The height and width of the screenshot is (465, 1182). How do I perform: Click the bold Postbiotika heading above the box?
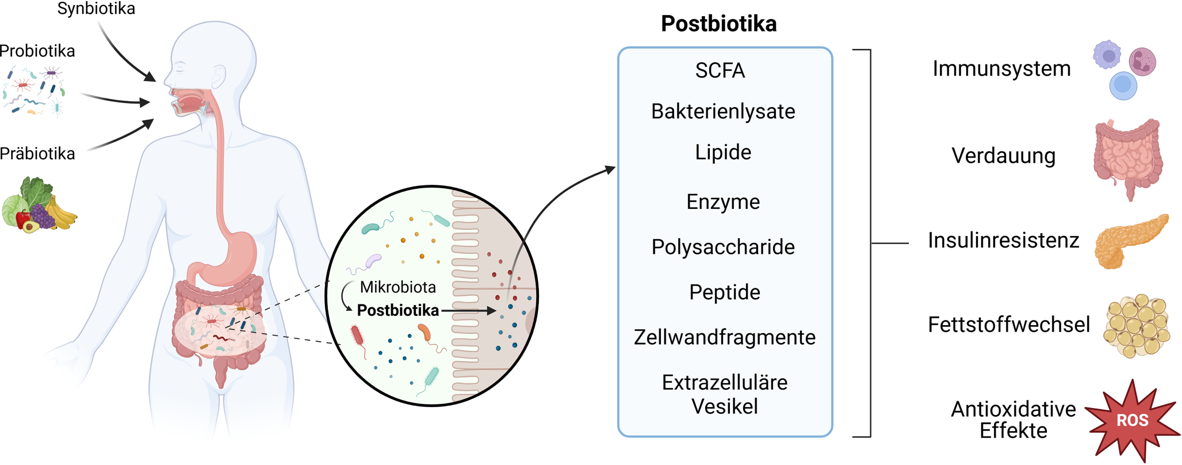718,24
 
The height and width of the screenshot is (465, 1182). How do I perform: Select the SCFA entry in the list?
720,71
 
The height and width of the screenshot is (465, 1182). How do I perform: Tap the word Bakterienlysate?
723,112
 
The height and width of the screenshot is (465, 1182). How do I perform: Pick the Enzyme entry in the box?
723,202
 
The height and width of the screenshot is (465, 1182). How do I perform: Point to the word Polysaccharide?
723,247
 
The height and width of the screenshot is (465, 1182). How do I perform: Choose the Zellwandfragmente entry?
724,337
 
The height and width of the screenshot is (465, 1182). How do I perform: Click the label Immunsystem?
1001,69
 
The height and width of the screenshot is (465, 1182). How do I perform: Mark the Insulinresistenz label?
1003,241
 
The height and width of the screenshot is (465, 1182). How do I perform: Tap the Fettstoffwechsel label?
1008,325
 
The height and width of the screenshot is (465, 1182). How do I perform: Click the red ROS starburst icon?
1131,420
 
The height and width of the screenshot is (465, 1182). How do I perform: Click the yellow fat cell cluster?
1136,327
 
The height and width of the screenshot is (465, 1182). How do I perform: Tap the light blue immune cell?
1123,86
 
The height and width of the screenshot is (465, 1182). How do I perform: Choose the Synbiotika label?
96,9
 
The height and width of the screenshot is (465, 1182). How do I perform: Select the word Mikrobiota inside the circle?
397,287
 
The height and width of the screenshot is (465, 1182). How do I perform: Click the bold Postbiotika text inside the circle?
397,311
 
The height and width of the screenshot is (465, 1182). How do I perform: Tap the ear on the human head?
219,75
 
